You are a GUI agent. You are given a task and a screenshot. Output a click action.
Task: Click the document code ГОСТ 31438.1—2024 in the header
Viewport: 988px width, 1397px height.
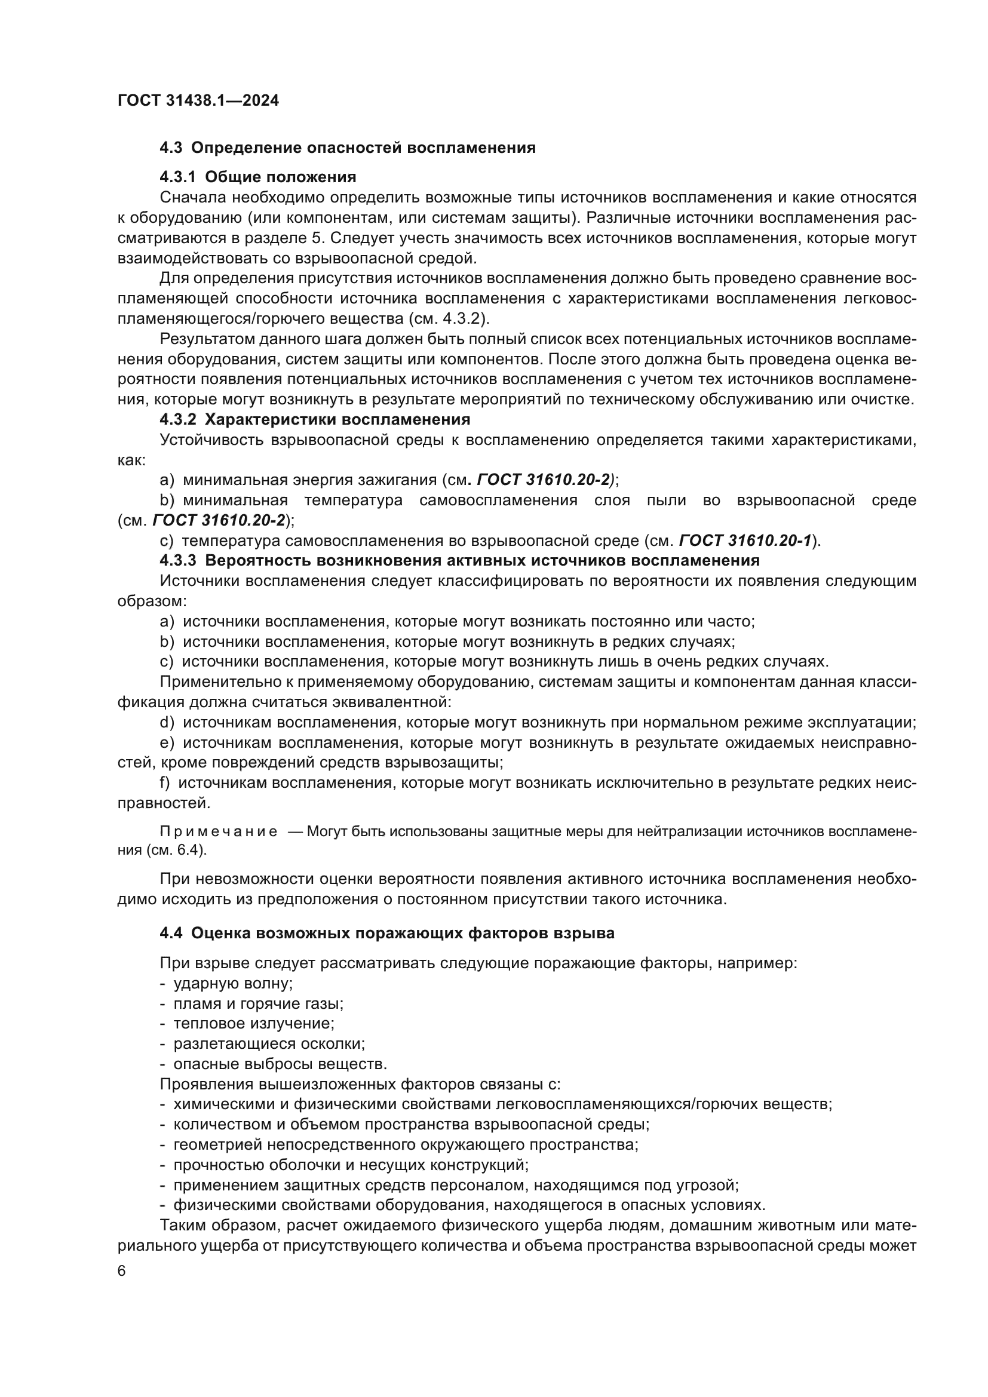198,101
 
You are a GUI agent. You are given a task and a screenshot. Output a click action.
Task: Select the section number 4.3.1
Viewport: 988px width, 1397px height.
177,177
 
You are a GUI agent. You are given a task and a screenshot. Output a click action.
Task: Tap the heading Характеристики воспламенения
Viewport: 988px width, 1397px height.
337,419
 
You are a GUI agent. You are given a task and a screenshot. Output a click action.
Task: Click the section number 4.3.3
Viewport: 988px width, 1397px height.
177,560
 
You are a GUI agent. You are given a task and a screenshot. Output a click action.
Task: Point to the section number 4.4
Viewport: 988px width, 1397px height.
171,934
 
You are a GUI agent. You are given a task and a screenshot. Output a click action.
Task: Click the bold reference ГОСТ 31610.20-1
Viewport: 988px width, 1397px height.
745,541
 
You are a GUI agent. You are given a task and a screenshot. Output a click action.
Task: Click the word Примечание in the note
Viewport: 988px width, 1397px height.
219,832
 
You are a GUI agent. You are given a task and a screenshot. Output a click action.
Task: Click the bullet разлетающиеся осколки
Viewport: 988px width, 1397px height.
268,1043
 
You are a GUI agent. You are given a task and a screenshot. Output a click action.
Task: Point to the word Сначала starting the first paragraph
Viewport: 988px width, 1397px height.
192,197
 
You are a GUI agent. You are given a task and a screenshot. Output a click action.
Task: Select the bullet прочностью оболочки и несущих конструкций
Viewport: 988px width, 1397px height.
351,1165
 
